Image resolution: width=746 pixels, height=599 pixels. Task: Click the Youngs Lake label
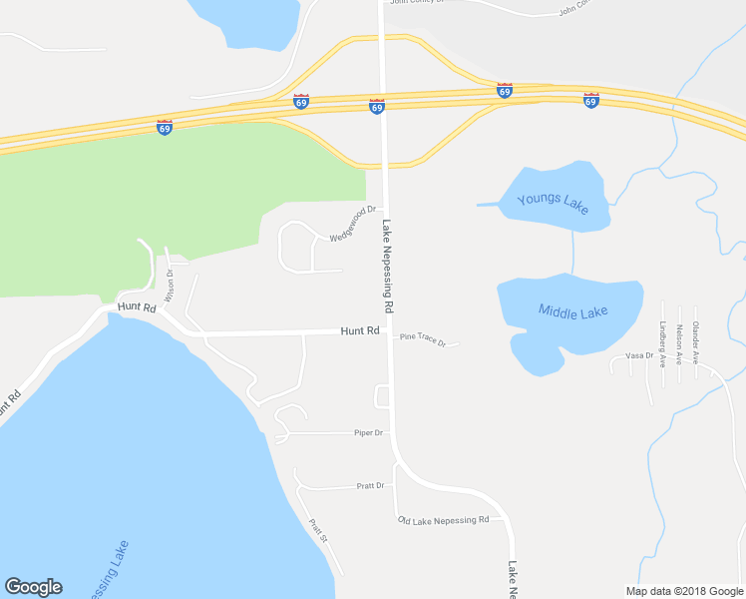point(553,202)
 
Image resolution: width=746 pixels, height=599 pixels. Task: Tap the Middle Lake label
point(572,311)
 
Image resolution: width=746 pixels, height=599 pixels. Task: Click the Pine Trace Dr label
point(422,338)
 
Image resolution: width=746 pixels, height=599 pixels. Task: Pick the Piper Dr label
point(368,432)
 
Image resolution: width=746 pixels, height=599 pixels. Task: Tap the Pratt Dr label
point(370,485)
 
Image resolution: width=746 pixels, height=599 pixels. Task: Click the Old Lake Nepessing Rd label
point(443,520)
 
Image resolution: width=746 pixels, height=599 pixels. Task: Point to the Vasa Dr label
point(638,355)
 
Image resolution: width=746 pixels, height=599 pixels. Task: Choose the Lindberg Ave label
point(662,339)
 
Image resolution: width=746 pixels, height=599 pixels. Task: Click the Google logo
point(33,587)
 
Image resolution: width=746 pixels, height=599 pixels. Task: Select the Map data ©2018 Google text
point(683,591)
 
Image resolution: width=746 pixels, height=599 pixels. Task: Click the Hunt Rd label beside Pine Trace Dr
point(359,330)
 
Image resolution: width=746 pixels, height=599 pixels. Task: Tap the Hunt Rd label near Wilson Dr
point(137,307)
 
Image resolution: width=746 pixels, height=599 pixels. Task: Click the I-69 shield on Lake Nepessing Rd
point(377,106)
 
